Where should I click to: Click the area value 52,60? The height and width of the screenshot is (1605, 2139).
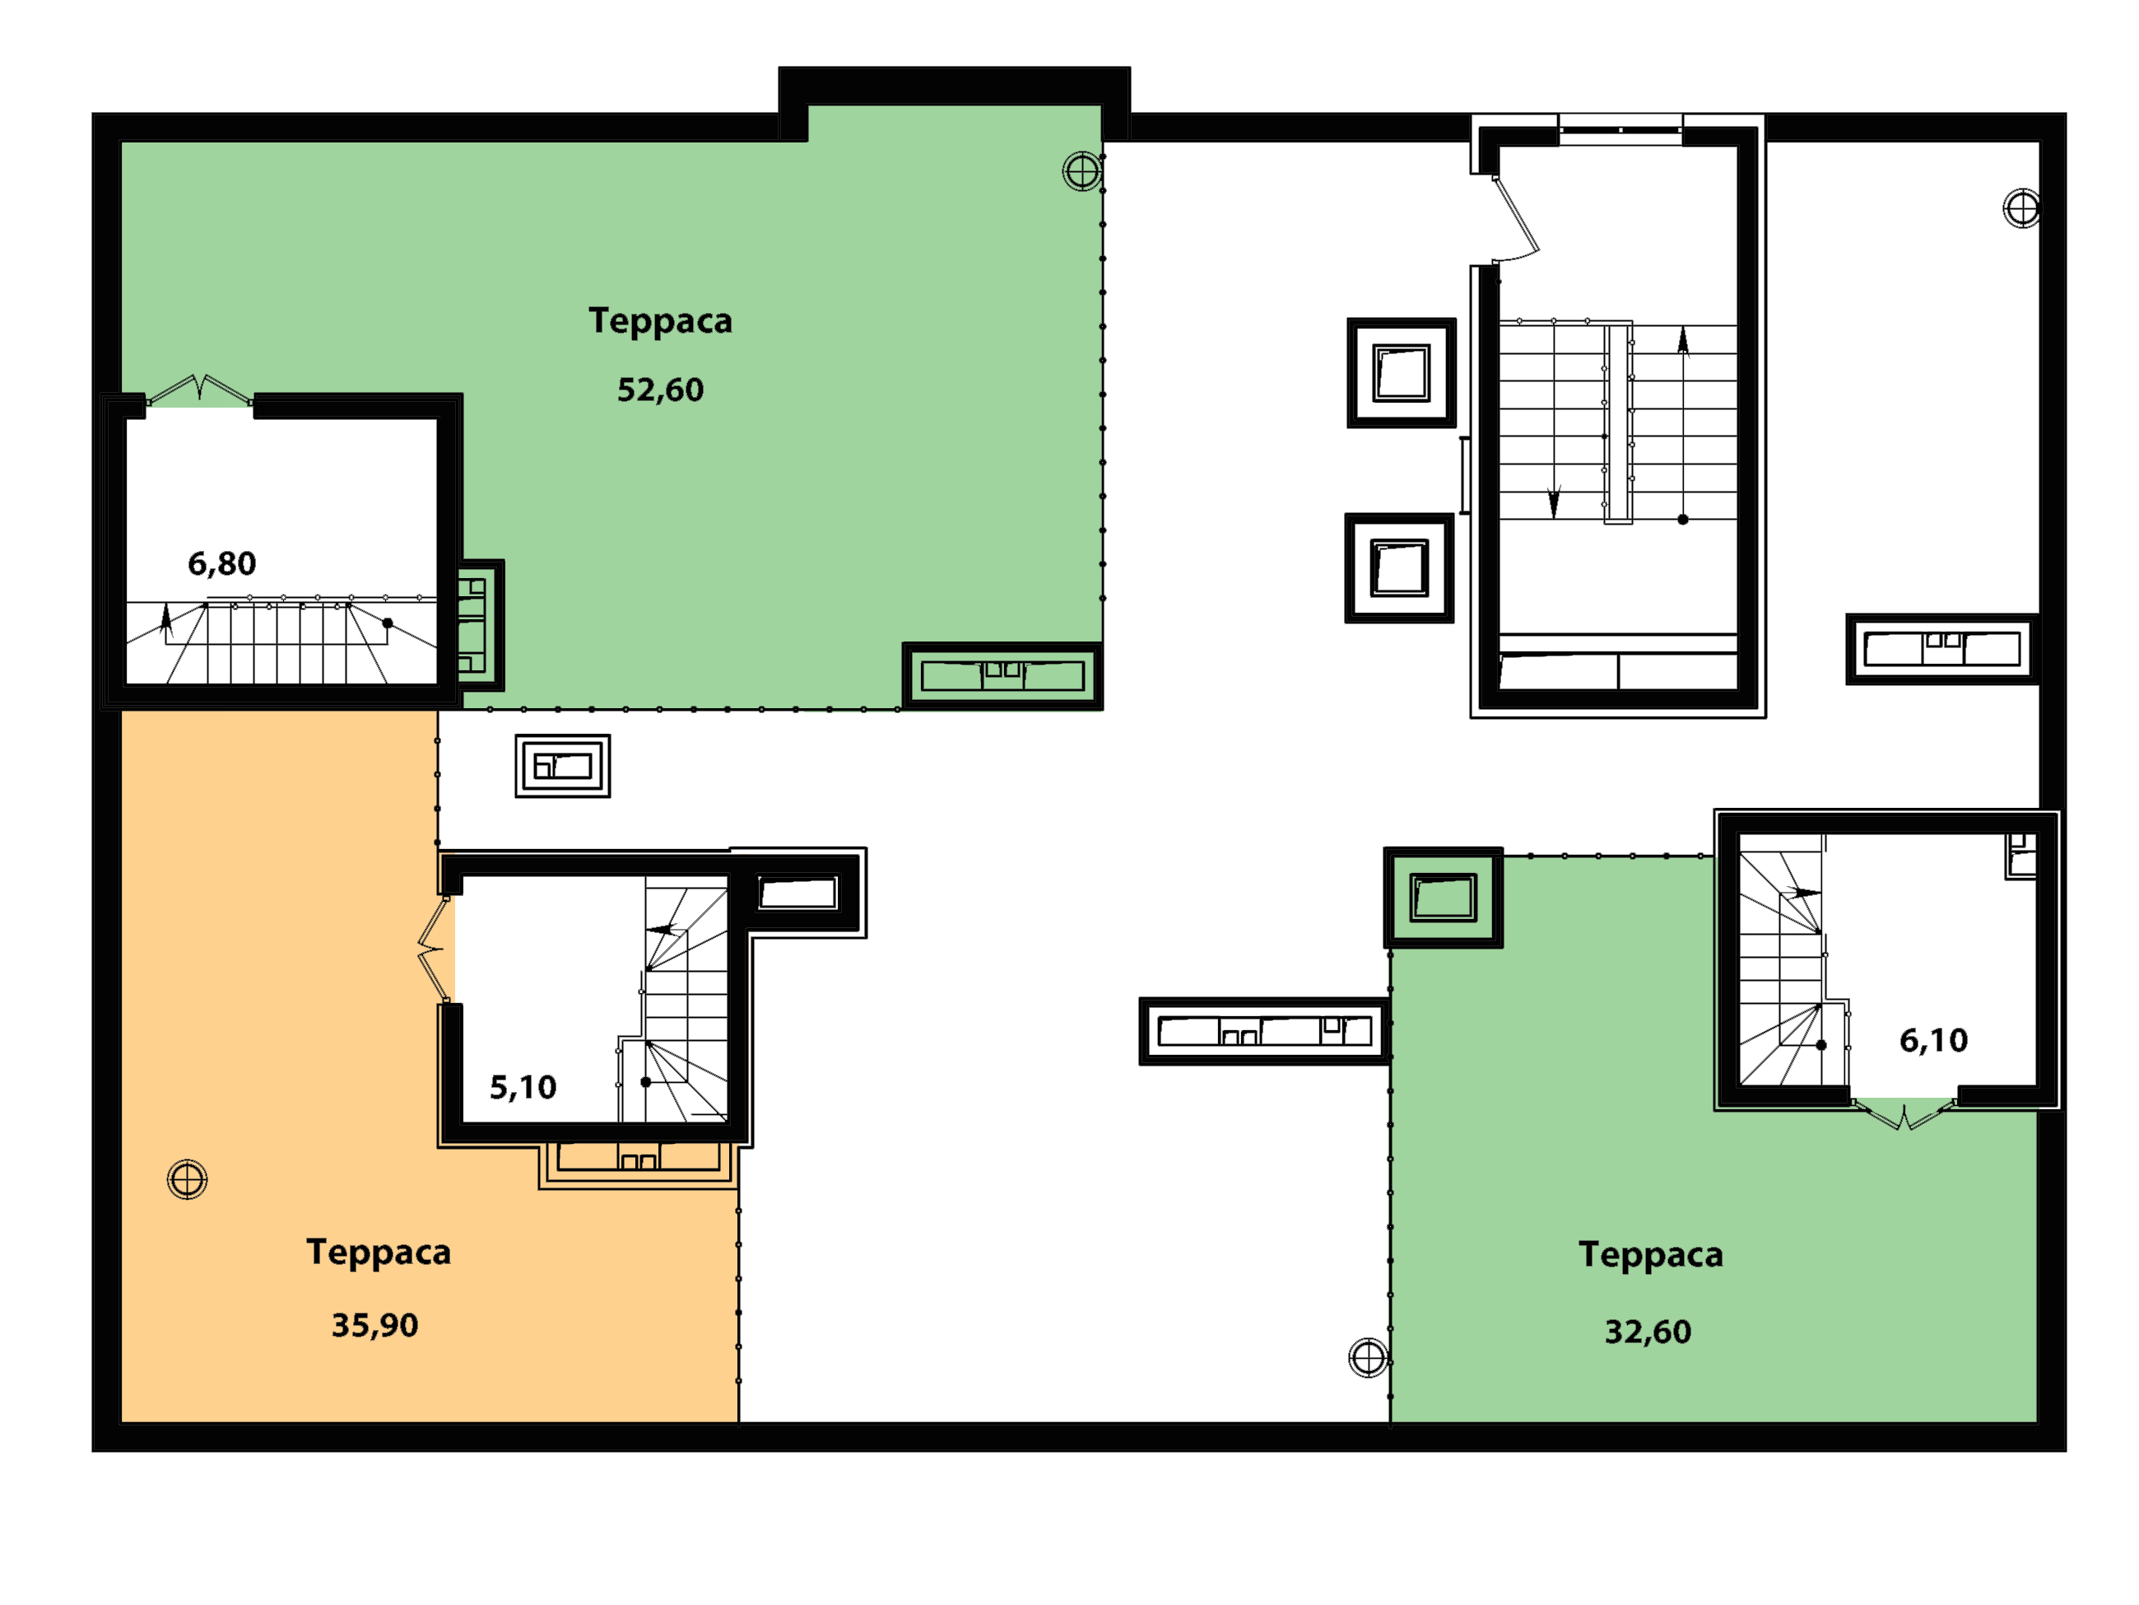(660, 390)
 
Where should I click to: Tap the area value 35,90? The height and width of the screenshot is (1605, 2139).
(375, 1325)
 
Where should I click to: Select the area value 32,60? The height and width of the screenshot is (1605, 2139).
(1648, 1332)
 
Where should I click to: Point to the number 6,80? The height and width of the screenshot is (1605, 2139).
(221, 563)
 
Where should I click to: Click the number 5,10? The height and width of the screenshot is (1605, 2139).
(523, 1087)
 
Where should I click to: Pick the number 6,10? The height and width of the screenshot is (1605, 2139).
(1933, 1040)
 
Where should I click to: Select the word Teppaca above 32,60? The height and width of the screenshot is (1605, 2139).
(1651, 1256)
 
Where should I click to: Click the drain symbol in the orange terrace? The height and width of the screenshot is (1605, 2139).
(188, 1179)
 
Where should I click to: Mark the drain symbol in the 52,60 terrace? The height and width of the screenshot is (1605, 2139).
(1082, 172)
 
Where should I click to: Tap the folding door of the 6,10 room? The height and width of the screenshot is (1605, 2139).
(1902, 1114)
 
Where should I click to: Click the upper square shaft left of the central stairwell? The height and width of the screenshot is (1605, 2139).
(1402, 372)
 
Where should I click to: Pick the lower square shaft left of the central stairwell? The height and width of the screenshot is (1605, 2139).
(1399, 568)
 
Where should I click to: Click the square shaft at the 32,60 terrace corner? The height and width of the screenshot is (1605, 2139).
(1443, 898)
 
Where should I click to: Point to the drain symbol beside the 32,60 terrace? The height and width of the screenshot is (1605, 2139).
(1369, 1357)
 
